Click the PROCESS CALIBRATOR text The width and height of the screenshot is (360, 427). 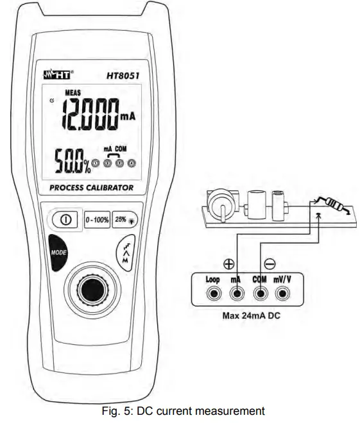(x=92, y=188)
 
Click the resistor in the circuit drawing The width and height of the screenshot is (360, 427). (x=333, y=208)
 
